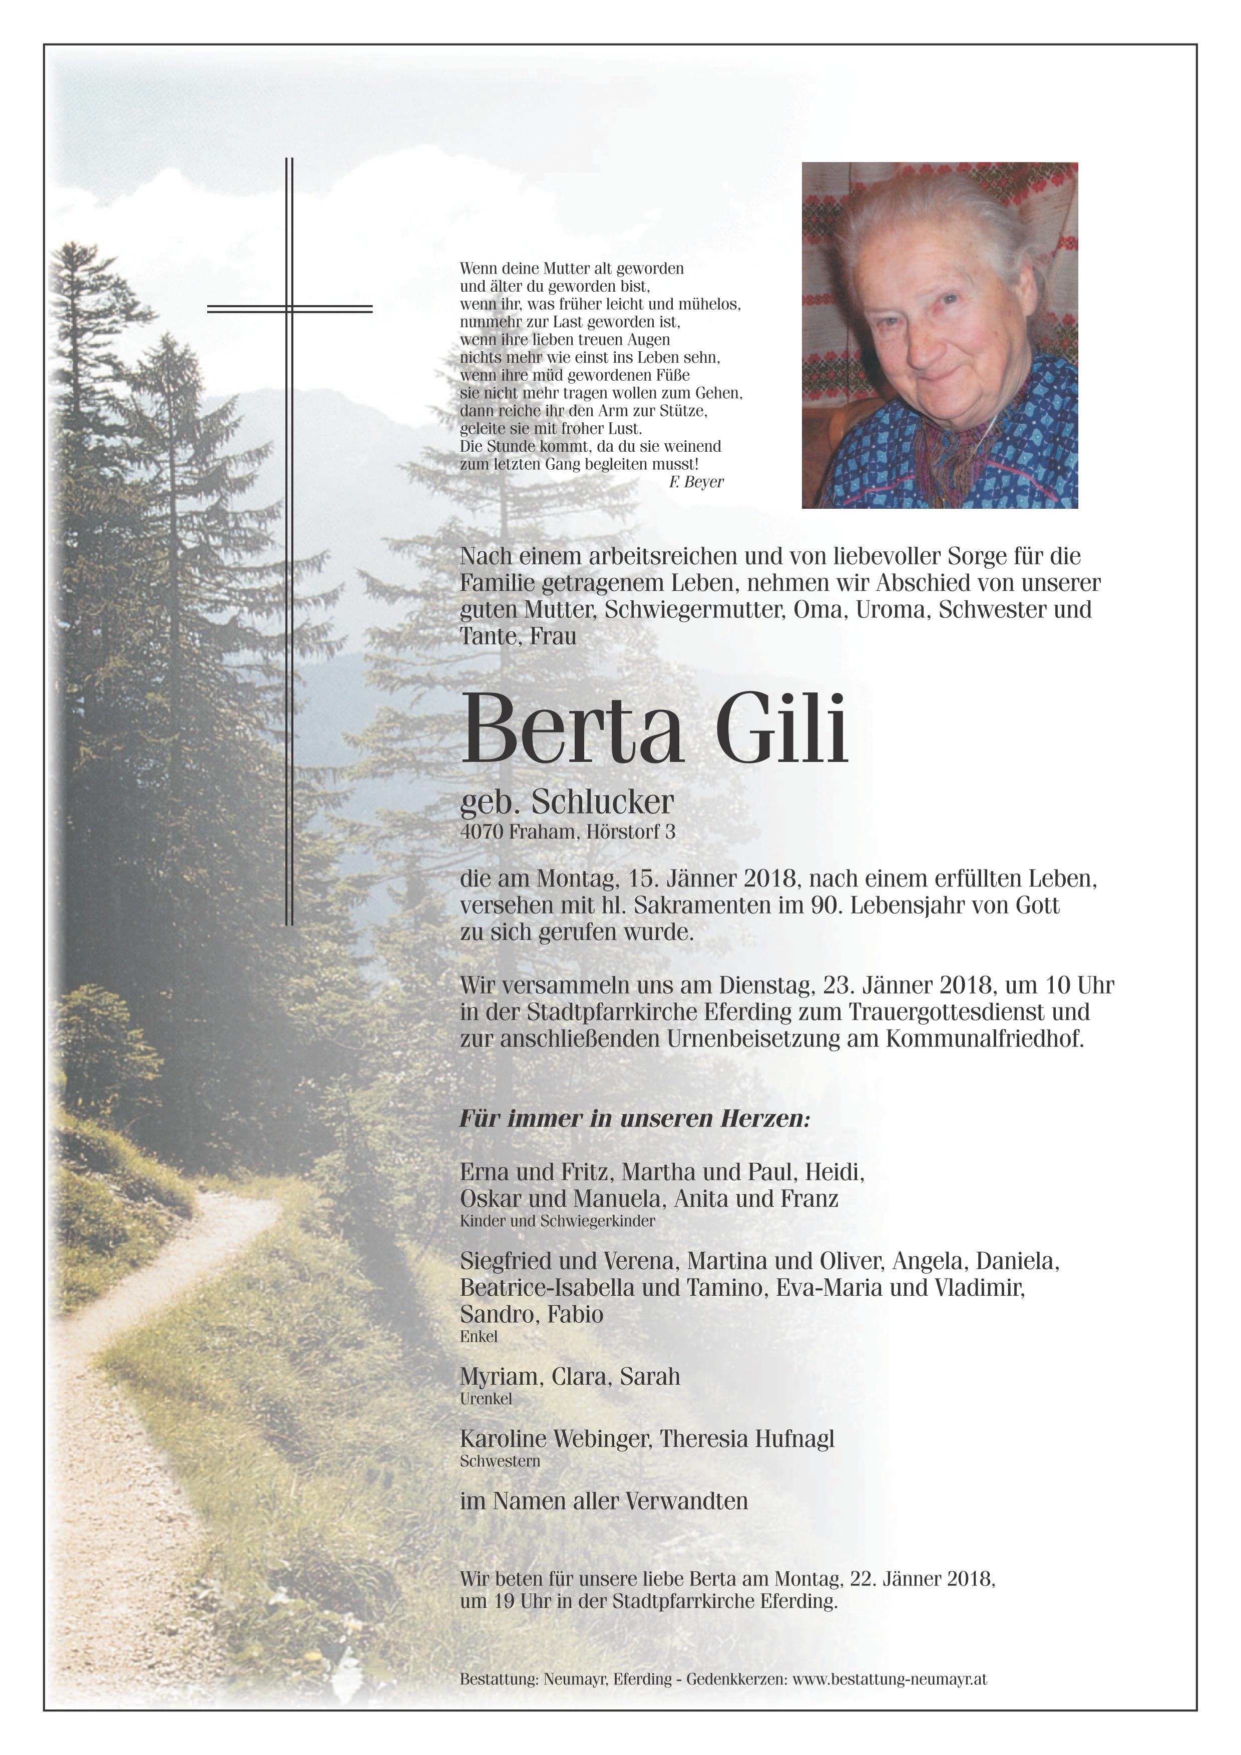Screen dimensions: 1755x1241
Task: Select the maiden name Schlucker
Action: click(x=603, y=802)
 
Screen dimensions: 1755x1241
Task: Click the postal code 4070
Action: click(x=481, y=832)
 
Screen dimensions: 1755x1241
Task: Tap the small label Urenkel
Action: click(x=486, y=1399)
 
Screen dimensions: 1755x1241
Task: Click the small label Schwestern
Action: click(x=500, y=1461)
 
